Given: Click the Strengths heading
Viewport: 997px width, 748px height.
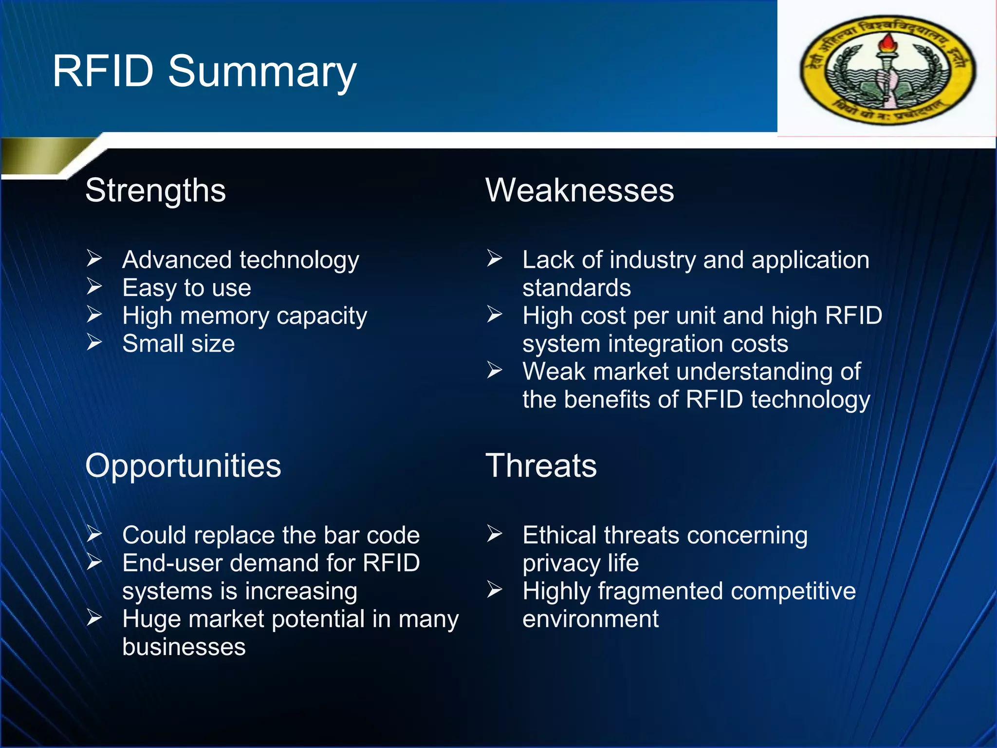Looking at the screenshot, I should (155, 190).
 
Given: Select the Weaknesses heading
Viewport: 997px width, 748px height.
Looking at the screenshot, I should (579, 190).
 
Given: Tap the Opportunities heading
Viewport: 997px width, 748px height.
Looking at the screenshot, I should (183, 466).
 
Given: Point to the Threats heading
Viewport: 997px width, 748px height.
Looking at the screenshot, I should (541, 466).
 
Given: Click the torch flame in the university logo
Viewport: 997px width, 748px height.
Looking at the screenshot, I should (887, 43).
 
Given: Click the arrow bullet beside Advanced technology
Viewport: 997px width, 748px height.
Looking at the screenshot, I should (94, 258).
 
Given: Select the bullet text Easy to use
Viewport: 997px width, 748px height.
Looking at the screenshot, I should (186, 288).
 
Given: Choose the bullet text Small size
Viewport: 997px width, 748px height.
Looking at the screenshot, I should (178, 344).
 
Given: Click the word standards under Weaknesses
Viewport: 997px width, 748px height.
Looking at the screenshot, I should (576, 288).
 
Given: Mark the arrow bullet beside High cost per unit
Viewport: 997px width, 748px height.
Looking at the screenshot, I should (495, 314).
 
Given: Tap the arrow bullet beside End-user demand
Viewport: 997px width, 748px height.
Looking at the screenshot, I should (94, 562).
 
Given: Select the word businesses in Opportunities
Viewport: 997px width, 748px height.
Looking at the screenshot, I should (184, 647).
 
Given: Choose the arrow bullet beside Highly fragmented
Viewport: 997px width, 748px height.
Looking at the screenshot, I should (495, 590).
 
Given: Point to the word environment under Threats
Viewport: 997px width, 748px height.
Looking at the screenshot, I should (590, 619).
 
